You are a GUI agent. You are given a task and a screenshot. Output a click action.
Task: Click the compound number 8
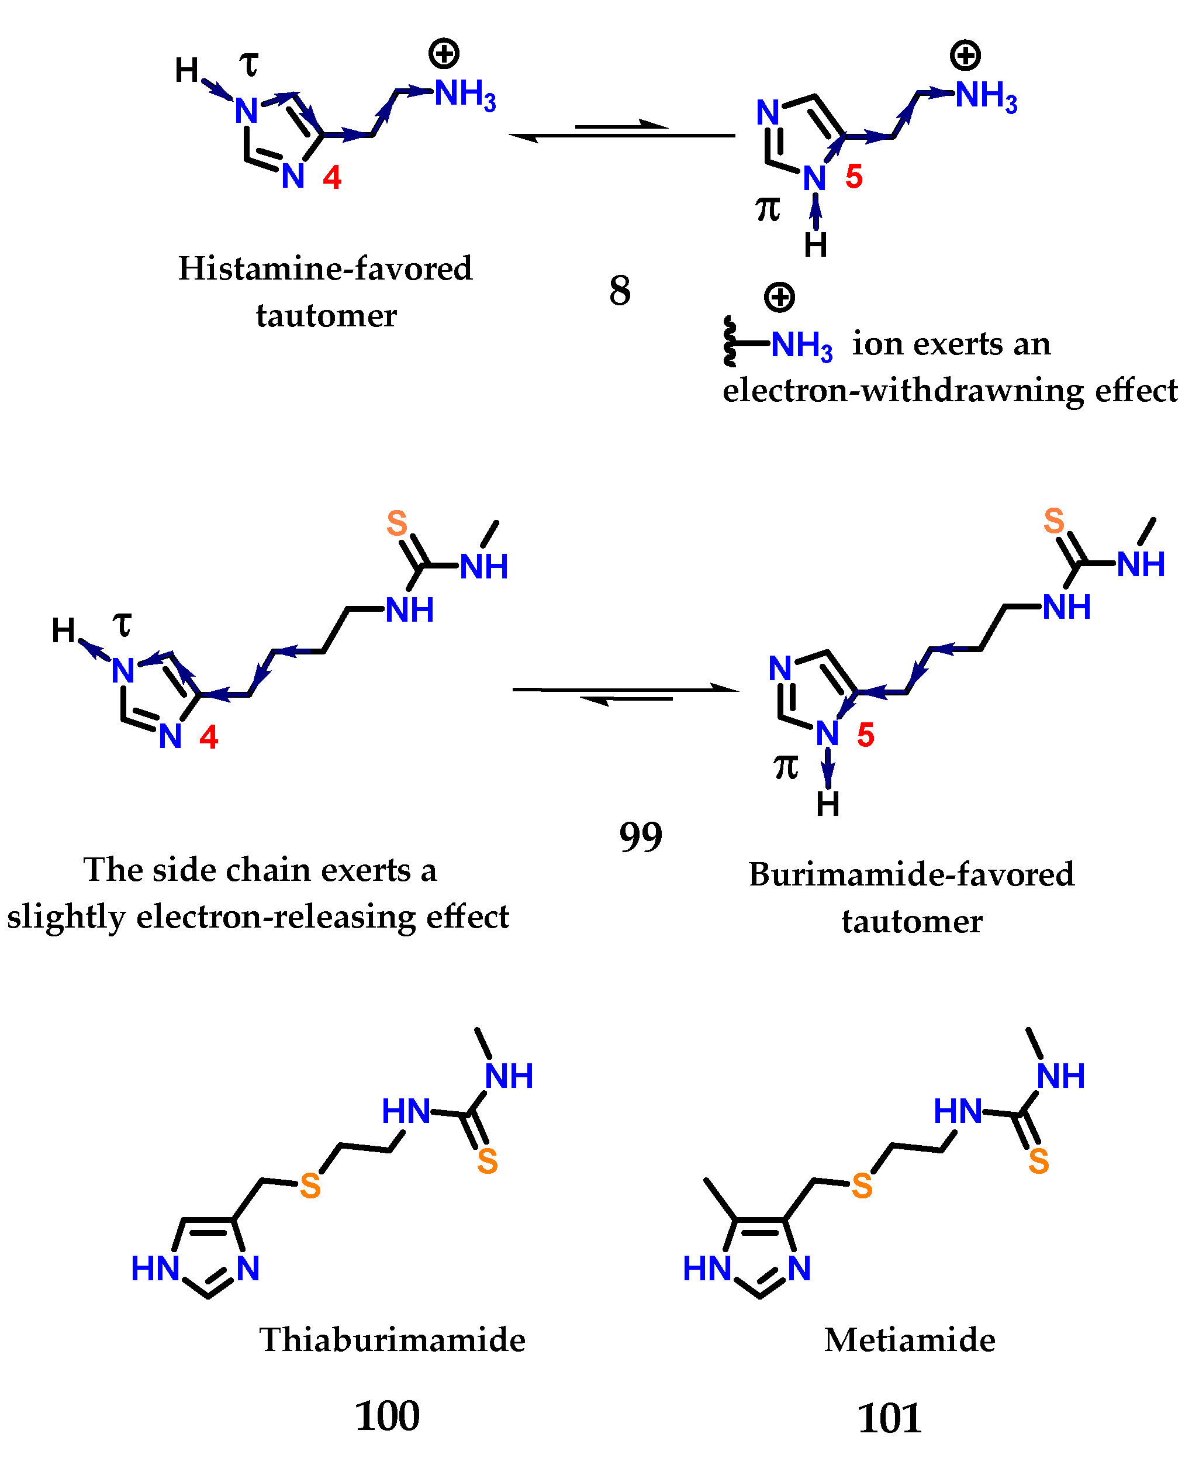[620, 290]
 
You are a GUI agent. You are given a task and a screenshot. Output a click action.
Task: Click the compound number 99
[640, 836]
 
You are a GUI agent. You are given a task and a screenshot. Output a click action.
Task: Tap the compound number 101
[889, 1418]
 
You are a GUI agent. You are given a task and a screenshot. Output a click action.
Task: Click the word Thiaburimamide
[392, 1339]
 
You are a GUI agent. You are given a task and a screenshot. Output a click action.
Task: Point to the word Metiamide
[910, 1339]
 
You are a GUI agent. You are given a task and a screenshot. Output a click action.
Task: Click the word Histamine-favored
[325, 268]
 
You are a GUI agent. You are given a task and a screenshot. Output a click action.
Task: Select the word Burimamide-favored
[911, 874]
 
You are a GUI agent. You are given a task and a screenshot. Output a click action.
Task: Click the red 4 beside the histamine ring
[332, 178]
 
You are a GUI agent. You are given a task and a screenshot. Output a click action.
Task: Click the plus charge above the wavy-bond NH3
[779, 297]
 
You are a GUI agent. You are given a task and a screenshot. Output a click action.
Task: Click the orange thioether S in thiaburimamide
[310, 1186]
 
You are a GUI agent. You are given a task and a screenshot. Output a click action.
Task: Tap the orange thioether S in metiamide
[862, 1186]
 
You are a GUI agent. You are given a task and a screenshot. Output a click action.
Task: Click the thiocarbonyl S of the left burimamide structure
[396, 523]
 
